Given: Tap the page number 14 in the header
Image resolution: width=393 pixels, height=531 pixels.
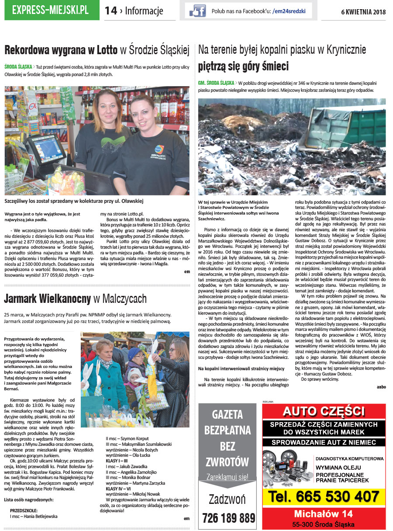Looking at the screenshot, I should tap(111, 11).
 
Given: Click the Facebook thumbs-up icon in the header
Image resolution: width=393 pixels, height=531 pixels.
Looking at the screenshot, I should tap(197, 10).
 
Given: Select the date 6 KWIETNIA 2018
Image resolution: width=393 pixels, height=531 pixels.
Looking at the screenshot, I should tap(363, 11).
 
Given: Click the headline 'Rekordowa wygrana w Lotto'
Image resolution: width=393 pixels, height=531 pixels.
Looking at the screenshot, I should tap(61, 51).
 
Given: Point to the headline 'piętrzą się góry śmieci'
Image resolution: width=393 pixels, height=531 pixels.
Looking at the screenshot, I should tap(243, 67).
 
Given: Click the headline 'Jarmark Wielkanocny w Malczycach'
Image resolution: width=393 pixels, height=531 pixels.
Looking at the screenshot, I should tap(75, 299).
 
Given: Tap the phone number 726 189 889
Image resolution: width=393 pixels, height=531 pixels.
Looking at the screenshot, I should tap(228, 518).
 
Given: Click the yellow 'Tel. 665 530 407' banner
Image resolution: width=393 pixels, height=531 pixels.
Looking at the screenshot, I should tap(324, 496).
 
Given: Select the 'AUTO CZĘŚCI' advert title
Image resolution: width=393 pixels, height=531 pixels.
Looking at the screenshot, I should tap(324, 412).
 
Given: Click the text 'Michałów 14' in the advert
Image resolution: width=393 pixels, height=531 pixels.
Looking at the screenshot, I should tap(323, 514).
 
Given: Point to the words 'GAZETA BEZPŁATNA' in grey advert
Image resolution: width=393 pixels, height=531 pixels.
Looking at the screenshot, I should tap(227, 422).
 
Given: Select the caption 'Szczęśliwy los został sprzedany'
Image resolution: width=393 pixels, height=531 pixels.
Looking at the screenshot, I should tap(74, 201).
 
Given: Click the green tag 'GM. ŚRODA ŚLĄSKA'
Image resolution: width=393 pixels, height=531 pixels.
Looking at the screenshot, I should tap(216, 82).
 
